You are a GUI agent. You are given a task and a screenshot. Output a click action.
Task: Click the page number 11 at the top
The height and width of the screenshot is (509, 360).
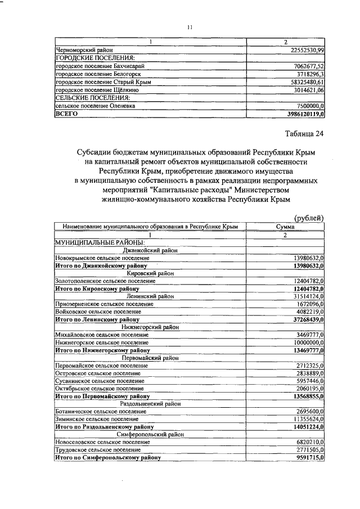tap(190, 26)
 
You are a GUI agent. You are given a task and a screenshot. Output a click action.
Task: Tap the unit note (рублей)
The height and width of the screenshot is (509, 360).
tap(309, 218)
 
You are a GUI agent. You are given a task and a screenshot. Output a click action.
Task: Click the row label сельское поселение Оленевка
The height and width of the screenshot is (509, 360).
tap(87, 105)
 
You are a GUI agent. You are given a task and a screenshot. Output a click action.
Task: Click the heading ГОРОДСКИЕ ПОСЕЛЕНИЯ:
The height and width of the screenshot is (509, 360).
tap(94, 58)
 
